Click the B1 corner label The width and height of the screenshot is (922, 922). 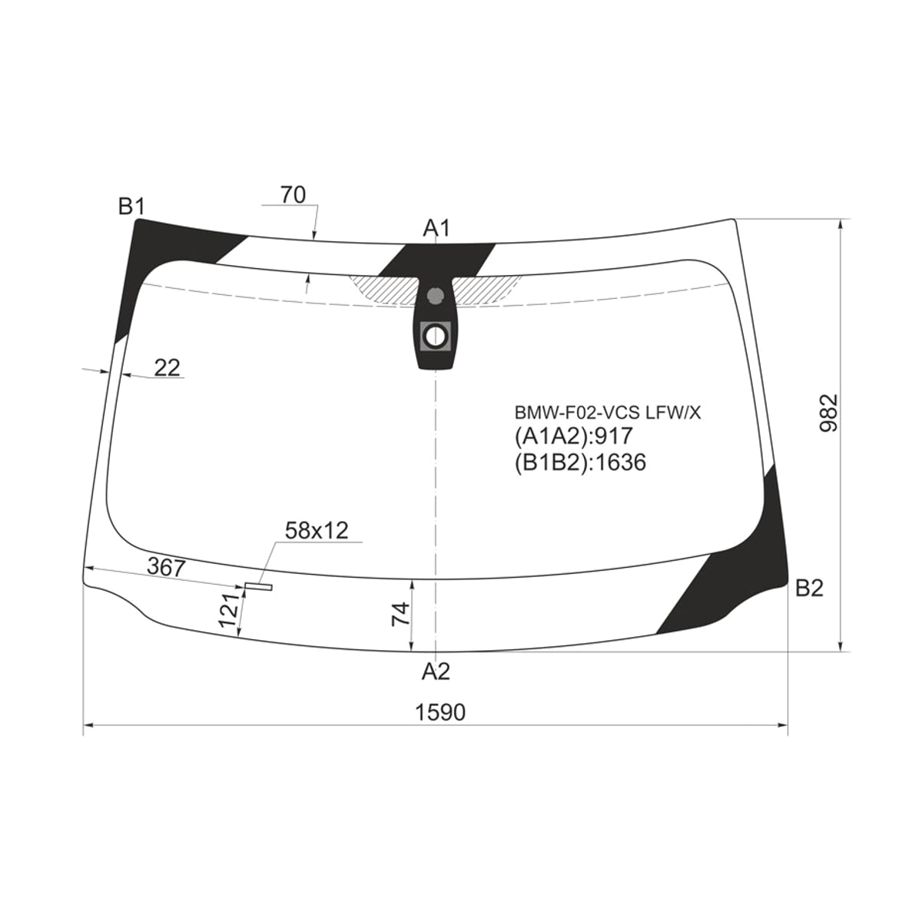131,207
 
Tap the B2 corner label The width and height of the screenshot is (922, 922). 808,589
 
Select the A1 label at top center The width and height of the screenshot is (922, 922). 436,229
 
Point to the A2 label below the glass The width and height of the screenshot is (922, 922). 436,672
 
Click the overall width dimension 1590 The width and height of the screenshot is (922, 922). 440,726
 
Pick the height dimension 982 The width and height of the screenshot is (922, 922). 829,413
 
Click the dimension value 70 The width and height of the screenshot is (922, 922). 293,194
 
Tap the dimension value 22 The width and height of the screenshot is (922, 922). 167,367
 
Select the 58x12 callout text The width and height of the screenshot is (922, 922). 317,531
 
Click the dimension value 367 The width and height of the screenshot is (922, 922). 166,568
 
